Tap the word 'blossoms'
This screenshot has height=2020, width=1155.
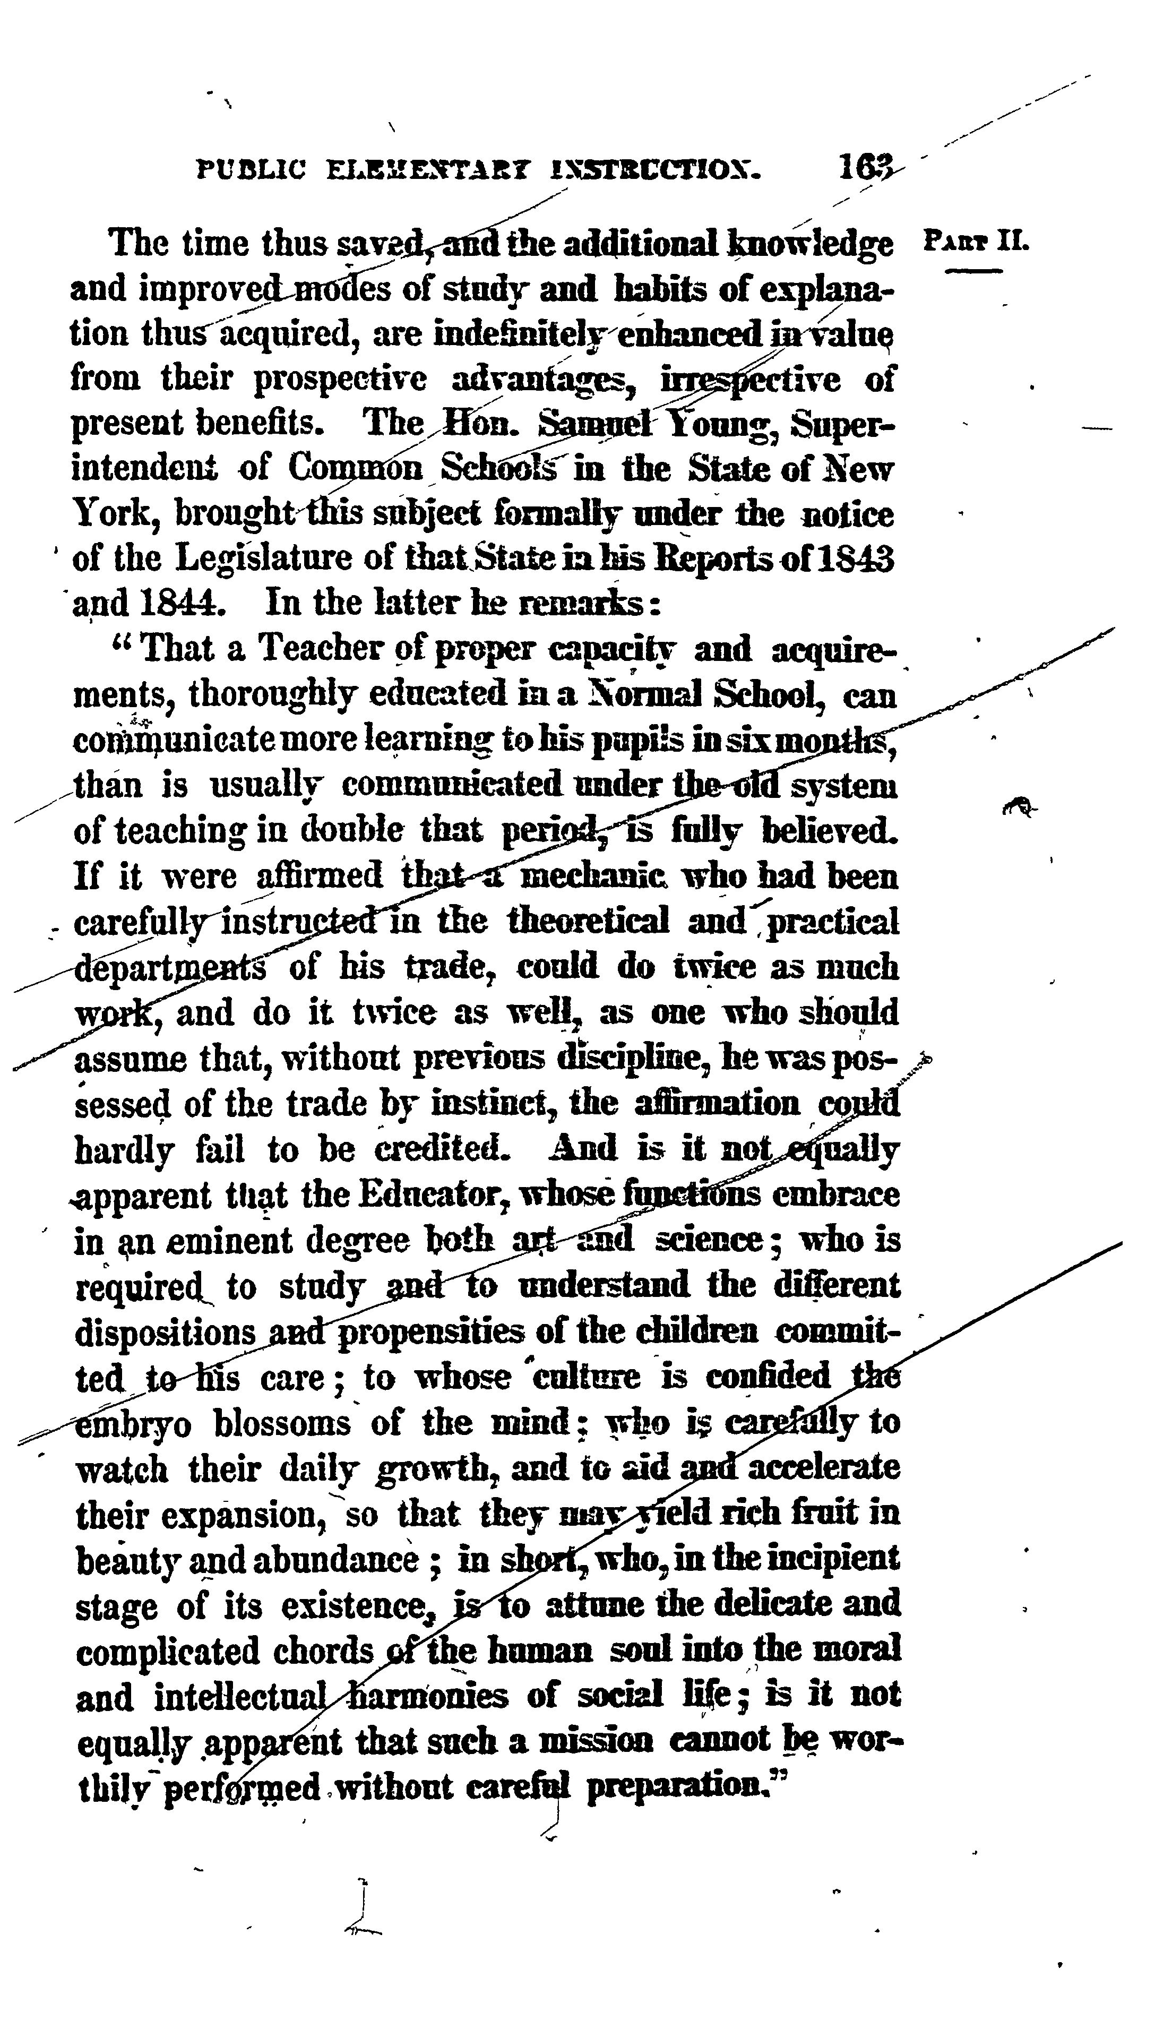point(282,1423)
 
